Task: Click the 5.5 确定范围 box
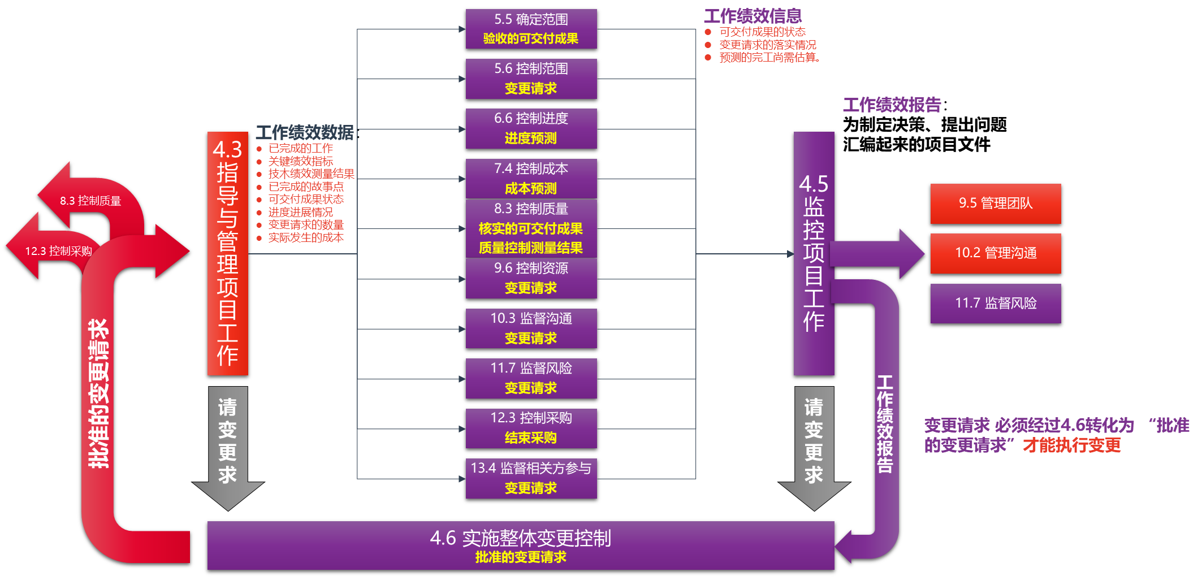click(x=531, y=29)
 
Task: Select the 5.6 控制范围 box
click(x=531, y=79)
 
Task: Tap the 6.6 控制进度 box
click(x=531, y=128)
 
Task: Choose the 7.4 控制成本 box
click(x=531, y=179)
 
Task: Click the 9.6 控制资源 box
click(x=531, y=278)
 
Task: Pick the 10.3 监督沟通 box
click(x=531, y=328)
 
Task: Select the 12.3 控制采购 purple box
click(x=531, y=428)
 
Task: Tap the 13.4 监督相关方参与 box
click(x=531, y=478)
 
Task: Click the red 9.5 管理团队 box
click(x=995, y=204)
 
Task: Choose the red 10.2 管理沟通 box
click(x=995, y=253)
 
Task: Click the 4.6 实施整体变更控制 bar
click(x=520, y=545)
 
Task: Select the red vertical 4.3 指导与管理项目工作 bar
click(x=227, y=253)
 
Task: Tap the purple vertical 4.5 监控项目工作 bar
click(x=814, y=253)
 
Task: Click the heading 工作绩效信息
click(x=753, y=16)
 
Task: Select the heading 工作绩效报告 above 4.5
click(x=892, y=105)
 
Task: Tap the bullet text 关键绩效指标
click(x=301, y=161)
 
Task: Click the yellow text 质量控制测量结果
click(x=530, y=248)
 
